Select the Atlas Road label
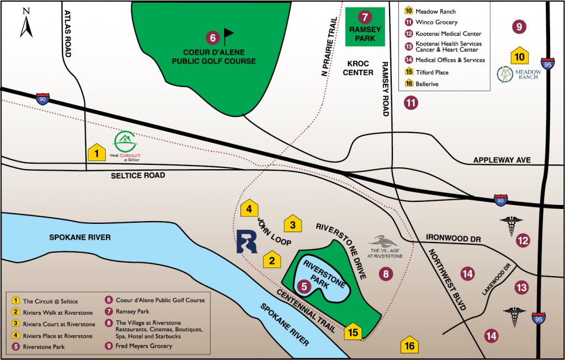point(68,33)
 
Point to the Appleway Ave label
point(502,160)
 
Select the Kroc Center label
point(358,68)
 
